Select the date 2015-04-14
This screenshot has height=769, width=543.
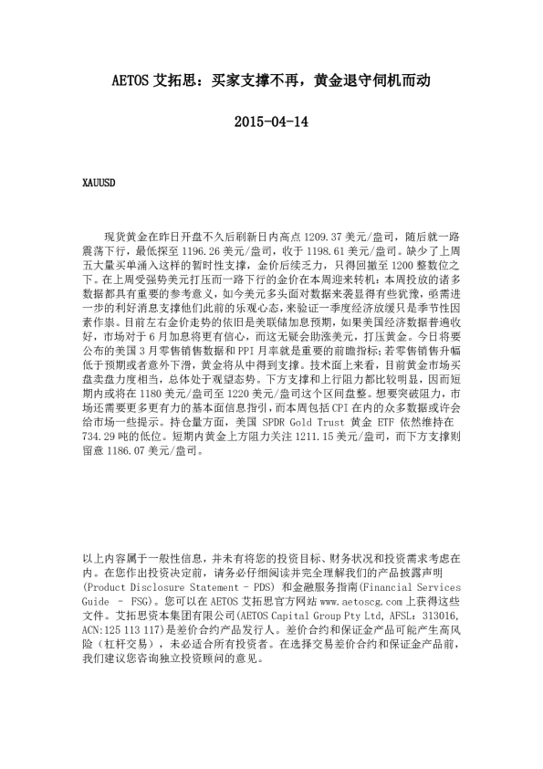click(271, 121)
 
